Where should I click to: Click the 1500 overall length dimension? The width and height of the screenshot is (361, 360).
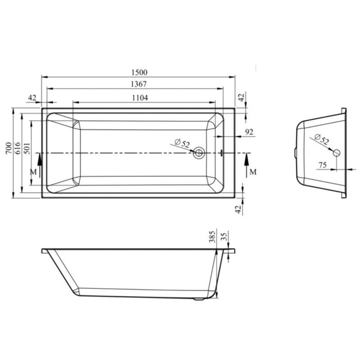tap(139, 73)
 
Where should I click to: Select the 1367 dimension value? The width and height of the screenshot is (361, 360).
tap(139, 84)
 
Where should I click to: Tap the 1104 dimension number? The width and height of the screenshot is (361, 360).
tap(140, 98)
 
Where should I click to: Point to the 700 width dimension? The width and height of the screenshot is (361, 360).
tap(9, 148)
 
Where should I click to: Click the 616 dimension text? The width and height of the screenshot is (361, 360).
tap(18, 148)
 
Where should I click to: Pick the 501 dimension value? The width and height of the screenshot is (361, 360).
tap(27, 148)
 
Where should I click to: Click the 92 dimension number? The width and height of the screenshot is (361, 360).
tap(249, 132)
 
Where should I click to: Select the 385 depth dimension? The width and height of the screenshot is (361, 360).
tap(212, 237)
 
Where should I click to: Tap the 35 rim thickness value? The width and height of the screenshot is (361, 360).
tap(224, 237)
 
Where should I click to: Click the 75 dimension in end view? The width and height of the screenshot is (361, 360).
tap(322, 165)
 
